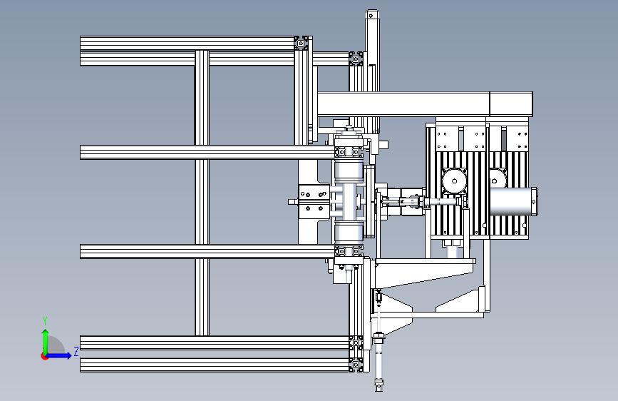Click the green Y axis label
coord(45,320)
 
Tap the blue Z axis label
coord(76,351)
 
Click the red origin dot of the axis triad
coord(44,356)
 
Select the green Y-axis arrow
coord(46,342)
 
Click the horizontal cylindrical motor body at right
coord(513,201)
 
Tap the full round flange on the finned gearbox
coord(455,181)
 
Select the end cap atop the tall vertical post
coord(371,15)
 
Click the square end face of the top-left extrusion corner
coord(301,43)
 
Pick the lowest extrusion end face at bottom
coord(356,365)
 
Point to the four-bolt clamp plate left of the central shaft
coord(314,200)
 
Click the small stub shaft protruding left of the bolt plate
coord(293,202)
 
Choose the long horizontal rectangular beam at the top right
coord(425,104)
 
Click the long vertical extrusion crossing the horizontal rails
coord(202,193)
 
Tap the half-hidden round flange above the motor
coord(498,178)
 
